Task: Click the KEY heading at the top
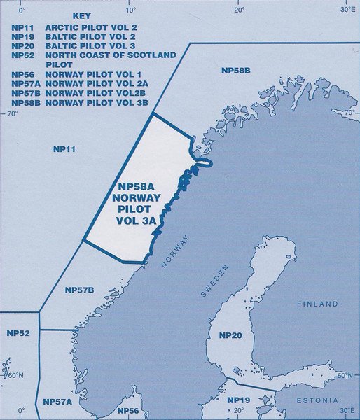coord(81,15)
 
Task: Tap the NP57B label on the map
coord(79,290)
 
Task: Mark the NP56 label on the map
coord(128,410)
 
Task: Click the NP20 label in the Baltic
coord(230,337)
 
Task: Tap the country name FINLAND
coord(317,304)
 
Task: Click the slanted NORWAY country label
coord(176,251)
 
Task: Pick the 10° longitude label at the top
coord(131,10)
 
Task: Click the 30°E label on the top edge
coord(348,10)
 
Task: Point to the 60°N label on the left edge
coord(15,376)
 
